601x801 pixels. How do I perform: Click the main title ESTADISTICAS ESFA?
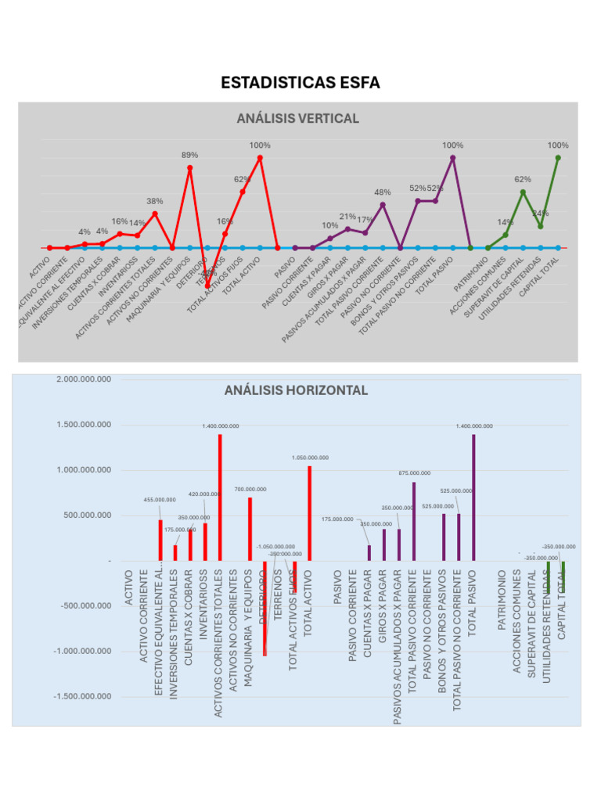pyautogui.click(x=300, y=82)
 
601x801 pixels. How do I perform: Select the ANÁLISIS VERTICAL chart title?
pyautogui.click(x=297, y=118)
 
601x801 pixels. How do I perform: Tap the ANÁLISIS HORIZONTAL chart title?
pyautogui.click(x=296, y=390)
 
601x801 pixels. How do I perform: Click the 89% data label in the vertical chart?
pyautogui.click(x=190, y=155)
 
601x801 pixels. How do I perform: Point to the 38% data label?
pyautogui.click(x=155, y=201)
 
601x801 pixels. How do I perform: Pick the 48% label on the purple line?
pyautogui.click(x=383, y=192)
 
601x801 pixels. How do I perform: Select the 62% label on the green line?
pyautogui.click(x=523, y=179)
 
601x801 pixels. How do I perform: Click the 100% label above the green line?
pyautogui.click(x=558, y=145)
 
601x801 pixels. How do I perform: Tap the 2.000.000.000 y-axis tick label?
pyautogui.click(x=84, y=379)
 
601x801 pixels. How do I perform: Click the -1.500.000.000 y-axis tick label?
pyautogui.click(x=82, y=696)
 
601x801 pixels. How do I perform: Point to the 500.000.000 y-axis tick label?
pyautogui.click(x=88, y=515)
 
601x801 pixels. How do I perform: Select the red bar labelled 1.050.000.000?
pyautogui.click(x=310, y=513)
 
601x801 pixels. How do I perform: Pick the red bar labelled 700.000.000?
pyautogui.click(x=250, y=529)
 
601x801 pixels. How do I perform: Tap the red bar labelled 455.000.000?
pyautogui.click(x=160, y=540)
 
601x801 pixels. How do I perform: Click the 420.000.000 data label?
pyautogui.click(x=205, y=494)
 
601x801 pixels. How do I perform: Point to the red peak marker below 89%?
pyautogui.click(x=190, y=167)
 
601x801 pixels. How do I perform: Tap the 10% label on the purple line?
pyautogui.click(x=330, y=225)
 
